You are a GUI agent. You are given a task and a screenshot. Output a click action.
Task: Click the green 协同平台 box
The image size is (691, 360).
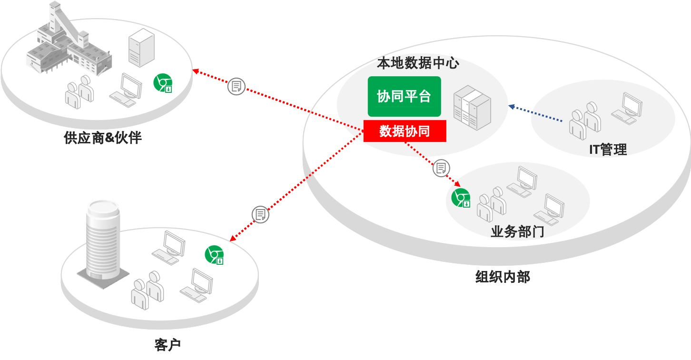pos(404,96)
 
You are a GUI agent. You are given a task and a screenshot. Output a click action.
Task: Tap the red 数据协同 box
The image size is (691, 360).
pos(405,131)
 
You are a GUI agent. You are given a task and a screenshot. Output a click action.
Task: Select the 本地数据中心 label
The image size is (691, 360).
pos(418,63)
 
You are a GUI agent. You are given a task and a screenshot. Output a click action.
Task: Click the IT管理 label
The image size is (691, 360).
pos(608,150)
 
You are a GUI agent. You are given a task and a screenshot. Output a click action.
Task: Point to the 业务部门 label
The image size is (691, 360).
pos(517,232)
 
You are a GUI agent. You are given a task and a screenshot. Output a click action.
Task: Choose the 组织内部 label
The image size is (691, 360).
pos(503,277)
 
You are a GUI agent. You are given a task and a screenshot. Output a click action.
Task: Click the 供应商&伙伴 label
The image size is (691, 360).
pos(103,138)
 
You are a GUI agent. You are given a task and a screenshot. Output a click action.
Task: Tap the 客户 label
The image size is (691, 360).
pos(168,344)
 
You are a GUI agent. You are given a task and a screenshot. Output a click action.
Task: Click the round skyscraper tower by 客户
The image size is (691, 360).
pos(102,240)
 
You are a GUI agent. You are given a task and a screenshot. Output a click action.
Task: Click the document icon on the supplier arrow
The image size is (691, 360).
pos(236,86)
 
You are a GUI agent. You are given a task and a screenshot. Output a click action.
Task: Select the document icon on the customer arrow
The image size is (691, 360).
pos(260,214)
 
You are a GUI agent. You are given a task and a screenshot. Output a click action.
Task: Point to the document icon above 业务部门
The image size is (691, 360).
pos(441,168)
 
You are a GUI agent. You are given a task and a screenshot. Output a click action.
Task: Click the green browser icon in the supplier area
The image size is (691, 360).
pos(162,83)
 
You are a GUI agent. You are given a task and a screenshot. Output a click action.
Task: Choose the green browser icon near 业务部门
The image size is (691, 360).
pos(461,197)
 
